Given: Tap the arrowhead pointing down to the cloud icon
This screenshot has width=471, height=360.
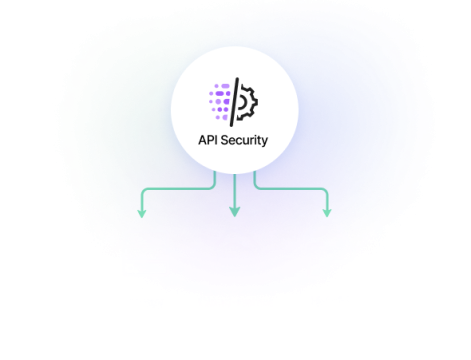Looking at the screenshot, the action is coord(235,213).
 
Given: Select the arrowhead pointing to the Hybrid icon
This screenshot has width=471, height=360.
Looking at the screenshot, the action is coord(327,213).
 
